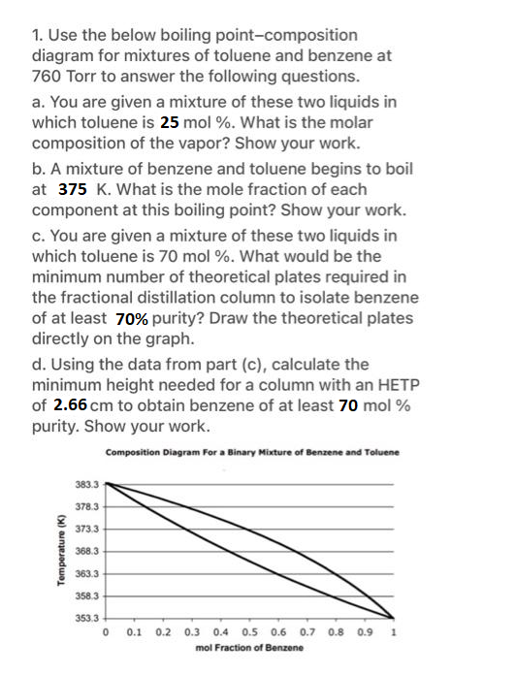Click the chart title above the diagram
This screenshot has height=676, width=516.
point(252,453)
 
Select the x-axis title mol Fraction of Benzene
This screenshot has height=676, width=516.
point(249,648)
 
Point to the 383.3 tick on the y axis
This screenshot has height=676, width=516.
point(86,483)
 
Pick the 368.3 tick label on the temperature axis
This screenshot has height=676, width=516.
point(86,550)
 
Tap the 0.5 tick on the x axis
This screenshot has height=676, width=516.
point(249,632)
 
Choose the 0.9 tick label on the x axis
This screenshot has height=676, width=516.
point(365,632)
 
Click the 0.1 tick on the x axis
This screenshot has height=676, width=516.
point(134,632)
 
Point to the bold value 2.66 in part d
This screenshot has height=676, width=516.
point(72,406)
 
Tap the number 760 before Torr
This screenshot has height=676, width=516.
point(48,76)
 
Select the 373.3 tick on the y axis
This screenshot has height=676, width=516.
point(86,528)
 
